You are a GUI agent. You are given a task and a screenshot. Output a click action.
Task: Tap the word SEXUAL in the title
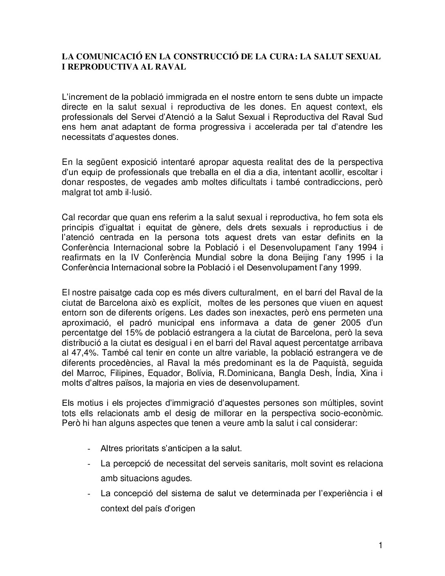[362, 56]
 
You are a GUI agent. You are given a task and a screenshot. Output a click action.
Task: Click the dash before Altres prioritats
[89, 448]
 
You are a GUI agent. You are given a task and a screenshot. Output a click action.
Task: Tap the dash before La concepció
[89, 493]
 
